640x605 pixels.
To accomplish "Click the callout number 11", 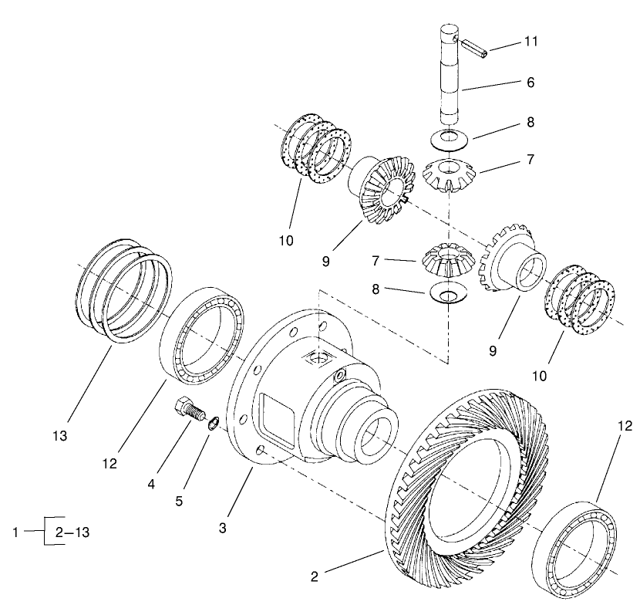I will (531, 40).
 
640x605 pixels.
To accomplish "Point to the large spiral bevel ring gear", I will (463, 478).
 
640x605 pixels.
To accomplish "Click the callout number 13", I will (59, 436).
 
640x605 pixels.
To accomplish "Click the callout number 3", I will (224, 528).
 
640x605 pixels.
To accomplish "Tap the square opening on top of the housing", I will (318, 357).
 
